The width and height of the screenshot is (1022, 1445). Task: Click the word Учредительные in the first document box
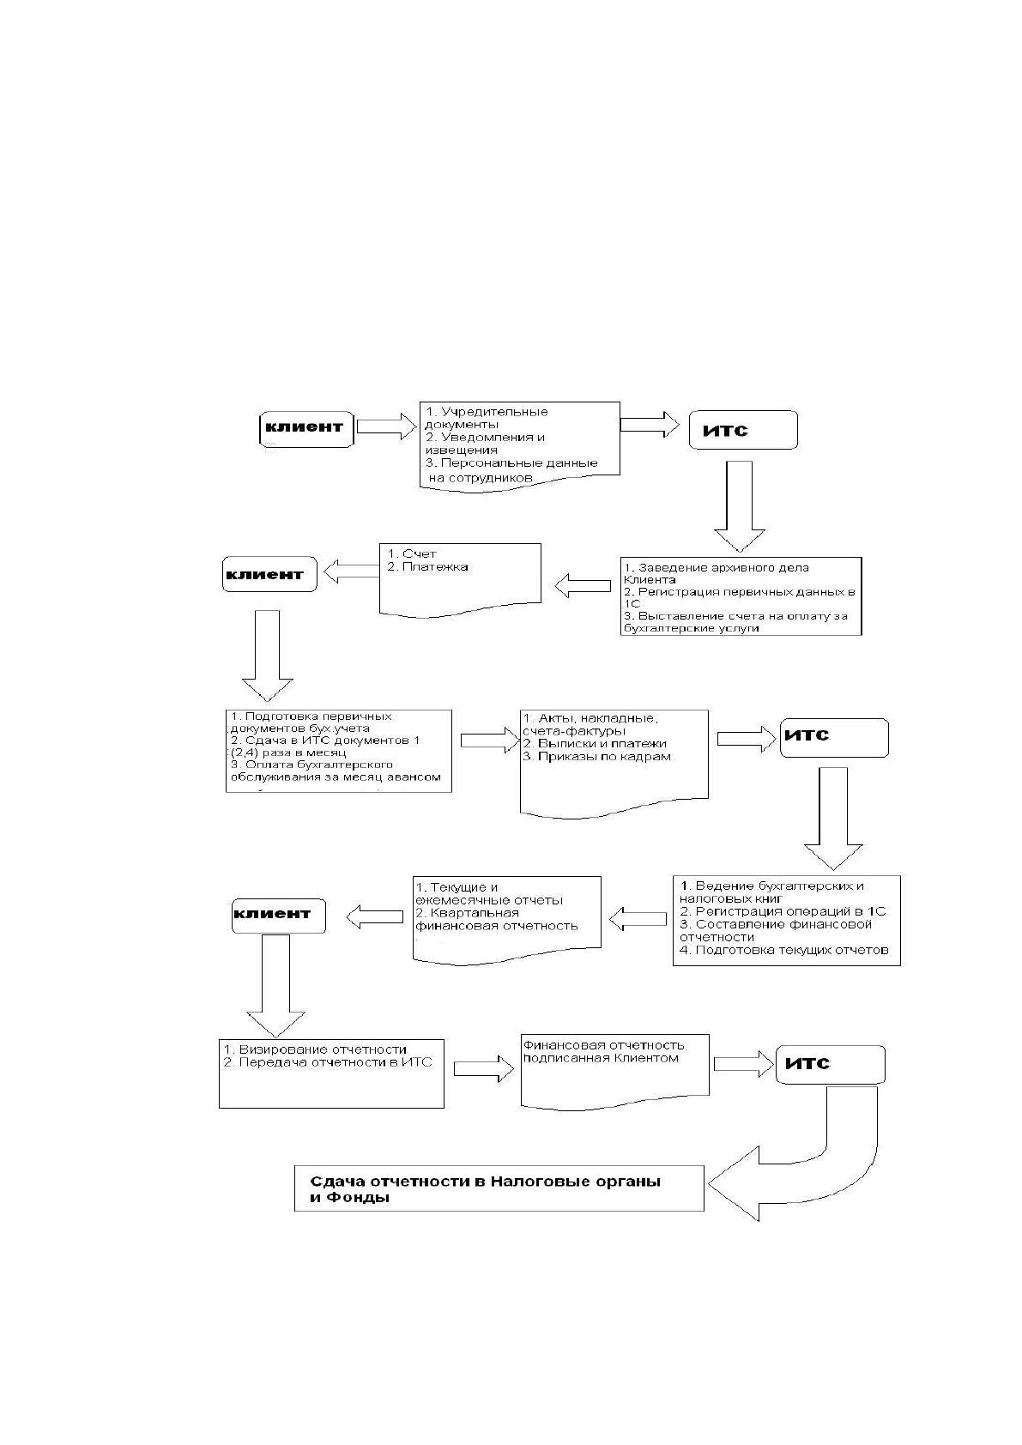coord(495,412)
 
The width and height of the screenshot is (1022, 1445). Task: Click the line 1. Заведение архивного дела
coord(717,568)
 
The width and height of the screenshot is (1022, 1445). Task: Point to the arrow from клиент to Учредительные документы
coord(386,426)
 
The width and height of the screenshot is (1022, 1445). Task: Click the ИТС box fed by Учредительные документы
coord(743,430)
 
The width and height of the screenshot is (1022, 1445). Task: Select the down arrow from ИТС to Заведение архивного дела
coord(740,506)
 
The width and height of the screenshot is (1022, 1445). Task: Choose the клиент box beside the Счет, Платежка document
coord(269,574)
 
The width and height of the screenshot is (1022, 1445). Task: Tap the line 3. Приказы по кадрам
coord(597,757)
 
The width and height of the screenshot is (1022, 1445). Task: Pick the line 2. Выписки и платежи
coord(595,744)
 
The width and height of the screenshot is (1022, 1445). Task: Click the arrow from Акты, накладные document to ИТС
coord(747,739)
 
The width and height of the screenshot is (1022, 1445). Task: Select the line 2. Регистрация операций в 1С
coord(783,911)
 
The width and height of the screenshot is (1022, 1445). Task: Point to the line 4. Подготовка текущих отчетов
coord(784,950)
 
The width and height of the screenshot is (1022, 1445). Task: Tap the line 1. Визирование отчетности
coord(316,1049)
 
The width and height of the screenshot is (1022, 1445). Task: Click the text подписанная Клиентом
coord(601,1058)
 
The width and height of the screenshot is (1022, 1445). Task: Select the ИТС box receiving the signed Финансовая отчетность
coord(831,1064)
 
